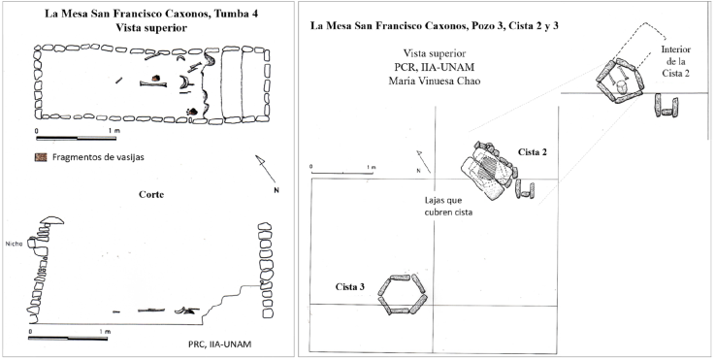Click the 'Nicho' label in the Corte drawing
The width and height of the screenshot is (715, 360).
(x=14, y=245)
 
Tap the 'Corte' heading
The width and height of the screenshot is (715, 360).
(x=151, y=195)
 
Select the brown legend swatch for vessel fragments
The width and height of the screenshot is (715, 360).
(x=41, y=158)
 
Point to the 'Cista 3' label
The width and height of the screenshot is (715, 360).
(x=350, y=286)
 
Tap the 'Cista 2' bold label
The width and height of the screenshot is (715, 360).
(x=533, y=152)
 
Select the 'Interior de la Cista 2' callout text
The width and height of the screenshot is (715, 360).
(x=675, y=61)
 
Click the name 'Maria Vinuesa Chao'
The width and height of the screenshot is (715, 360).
(x=434, y=81)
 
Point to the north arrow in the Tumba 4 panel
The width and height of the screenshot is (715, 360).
(x=266, y=169)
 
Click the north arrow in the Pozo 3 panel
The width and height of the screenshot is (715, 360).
(x=424, y=161)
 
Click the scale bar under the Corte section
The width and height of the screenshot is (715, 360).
(x=68, y=338)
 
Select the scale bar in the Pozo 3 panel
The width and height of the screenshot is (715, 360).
(x=341, y=174)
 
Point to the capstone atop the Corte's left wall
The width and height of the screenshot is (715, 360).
(x=51, y=220)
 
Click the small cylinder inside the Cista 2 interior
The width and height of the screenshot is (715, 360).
(x=621, y=87)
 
